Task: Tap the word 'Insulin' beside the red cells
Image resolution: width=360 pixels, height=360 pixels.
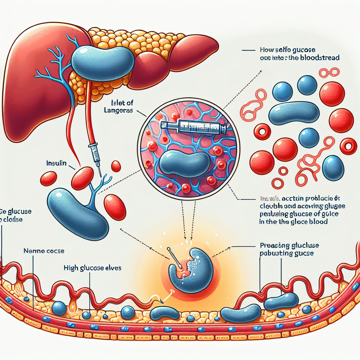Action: tap(57, 163)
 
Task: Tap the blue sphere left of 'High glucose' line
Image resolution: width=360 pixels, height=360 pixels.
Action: tap(59, 308)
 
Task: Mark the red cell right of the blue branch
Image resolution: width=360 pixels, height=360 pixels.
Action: tap(115, 207)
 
